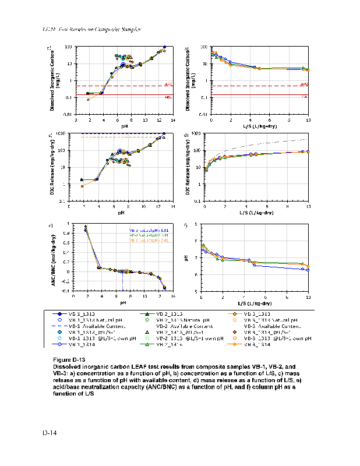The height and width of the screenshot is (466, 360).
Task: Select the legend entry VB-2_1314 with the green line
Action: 169,344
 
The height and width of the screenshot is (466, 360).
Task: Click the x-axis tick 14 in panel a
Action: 174,120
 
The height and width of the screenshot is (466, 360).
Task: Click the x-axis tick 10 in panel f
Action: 308,298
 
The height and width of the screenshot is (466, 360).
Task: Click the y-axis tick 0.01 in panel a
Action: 68,115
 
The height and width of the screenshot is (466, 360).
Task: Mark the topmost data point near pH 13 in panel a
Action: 165,47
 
